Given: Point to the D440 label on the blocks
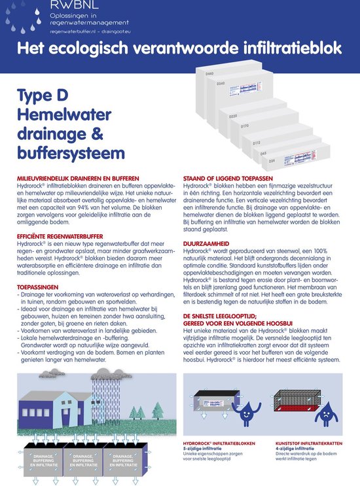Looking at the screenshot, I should (x=209, y=75).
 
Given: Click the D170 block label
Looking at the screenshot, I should (x=244, y=125).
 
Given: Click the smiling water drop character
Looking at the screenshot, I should (x=243, y=413).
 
